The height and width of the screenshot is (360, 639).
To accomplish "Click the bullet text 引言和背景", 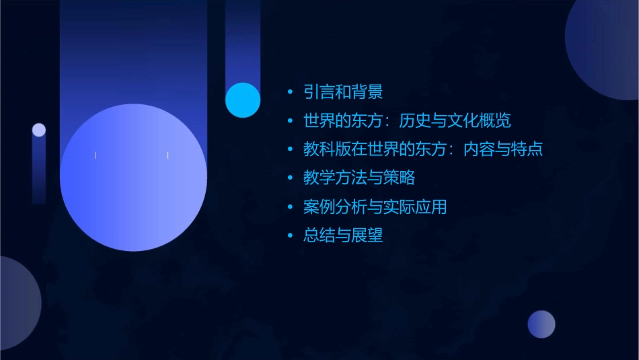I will coord(343,92).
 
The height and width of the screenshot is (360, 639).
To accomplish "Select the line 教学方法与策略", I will coord(359,178).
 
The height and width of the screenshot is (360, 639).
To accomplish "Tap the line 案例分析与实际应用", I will coord(375,207).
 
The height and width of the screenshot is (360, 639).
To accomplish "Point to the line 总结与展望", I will coord(343,236).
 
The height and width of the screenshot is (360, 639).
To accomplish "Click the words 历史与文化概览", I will coord(455,121).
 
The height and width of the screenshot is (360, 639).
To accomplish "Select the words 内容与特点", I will coord(503,149).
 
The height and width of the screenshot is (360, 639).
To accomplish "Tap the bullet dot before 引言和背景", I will coord(290,93).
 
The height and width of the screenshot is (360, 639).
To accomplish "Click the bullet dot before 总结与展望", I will coord(290,236).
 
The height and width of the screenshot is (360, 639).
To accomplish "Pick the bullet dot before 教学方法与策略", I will coord(290,179).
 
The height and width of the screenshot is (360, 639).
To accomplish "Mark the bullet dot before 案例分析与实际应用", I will coord(290,208).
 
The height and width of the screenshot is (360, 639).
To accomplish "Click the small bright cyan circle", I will coord(243,100).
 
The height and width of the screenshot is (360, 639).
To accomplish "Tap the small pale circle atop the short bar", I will coord(39,130).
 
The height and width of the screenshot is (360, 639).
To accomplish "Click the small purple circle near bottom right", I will coord(541,324).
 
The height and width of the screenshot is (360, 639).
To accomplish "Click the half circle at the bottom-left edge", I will coord(17,303).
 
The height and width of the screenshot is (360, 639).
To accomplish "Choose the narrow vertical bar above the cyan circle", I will coord(243,40).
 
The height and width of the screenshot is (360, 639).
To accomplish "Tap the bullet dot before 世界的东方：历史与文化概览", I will coord(290,122).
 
